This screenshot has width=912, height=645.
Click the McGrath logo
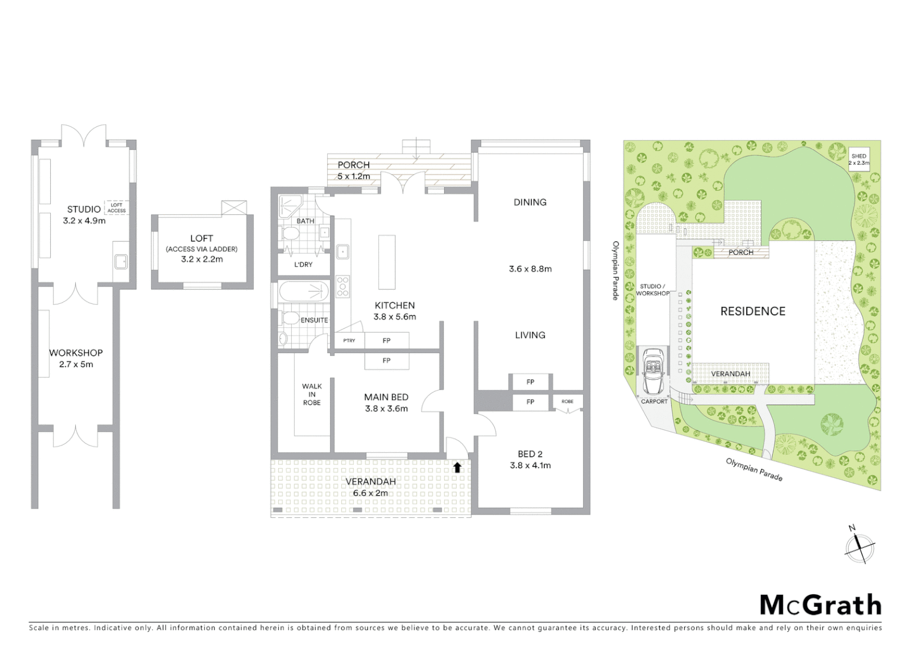click(x=820, y=605)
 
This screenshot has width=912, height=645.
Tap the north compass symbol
click(x=859, y=546)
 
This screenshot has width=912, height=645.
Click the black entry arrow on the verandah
click(x=457, y=467)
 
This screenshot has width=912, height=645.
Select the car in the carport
click(x=654, y=371)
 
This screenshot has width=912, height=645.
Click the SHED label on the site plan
click(x=859, y=156)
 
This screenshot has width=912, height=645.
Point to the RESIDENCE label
click(x=753, y=311)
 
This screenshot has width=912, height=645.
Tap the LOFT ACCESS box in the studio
click(x=116, y=207)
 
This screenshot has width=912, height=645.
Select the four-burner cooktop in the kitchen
click(x=343, y=286)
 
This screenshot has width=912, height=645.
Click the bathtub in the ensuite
click(x=304, y=291)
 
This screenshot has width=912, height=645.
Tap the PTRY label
click(x=349, y=340)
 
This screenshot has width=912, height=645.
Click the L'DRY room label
click(x=303, y=265)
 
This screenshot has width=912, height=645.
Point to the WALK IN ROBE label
click(x=312, y=394)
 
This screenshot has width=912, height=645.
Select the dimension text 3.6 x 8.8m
click(x=530, y=269)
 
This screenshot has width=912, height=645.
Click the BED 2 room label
click(x=530, y=454)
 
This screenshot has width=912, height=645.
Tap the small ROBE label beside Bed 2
click(x=567, y=401)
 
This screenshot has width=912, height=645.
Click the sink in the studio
click(x=121, y=261)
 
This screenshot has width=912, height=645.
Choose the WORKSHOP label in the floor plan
click(x=76, y=353)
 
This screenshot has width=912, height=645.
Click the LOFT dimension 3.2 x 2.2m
click(x=202, y=259)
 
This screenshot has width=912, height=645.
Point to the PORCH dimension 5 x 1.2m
click(x=353, y=176)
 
